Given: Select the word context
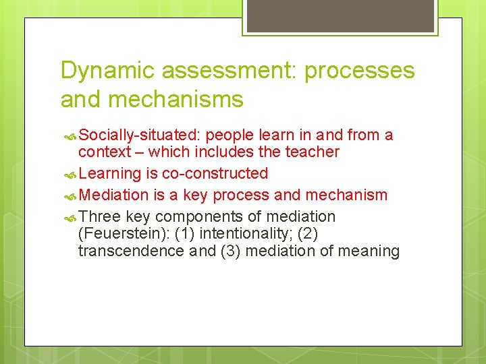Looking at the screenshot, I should [x=103, y=152].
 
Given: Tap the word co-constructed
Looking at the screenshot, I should [x=215, y=173].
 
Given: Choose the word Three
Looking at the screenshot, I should [x=99, y=216].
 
